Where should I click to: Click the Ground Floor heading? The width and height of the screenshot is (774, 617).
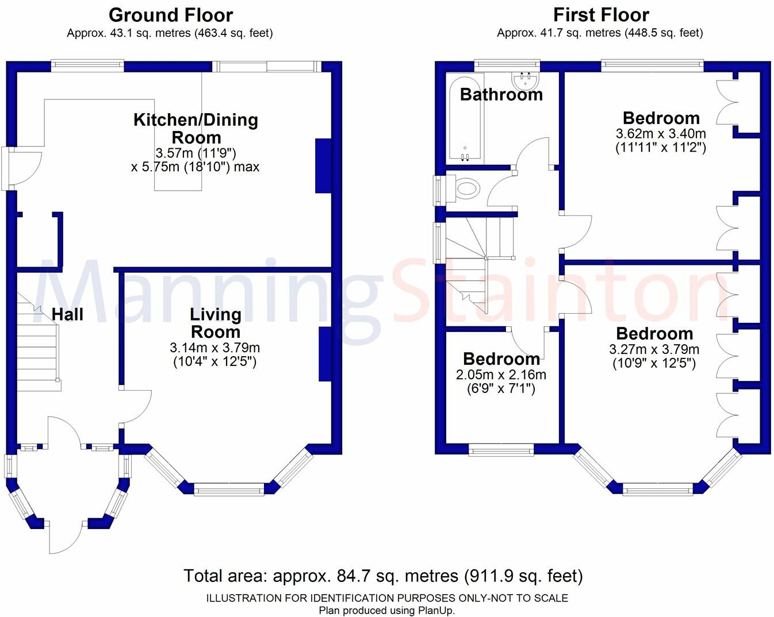171,15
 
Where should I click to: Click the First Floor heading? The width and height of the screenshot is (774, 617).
601,15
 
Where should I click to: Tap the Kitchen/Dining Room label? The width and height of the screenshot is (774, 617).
196,128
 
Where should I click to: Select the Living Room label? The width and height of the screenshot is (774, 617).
215,323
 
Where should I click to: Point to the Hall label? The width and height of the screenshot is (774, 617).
67,314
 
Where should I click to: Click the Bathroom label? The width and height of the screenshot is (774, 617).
501,94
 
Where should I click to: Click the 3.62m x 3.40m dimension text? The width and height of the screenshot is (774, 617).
661,134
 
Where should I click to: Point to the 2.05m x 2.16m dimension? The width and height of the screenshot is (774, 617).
501,375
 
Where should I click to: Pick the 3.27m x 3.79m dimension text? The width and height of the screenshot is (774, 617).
654,349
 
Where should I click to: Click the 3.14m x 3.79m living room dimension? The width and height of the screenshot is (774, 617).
214,348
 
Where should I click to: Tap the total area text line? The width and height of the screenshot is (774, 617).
383,576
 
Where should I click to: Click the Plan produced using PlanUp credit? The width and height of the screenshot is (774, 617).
387,611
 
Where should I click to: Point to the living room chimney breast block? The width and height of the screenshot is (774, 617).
325,354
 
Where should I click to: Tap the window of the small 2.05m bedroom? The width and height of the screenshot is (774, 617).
501,450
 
